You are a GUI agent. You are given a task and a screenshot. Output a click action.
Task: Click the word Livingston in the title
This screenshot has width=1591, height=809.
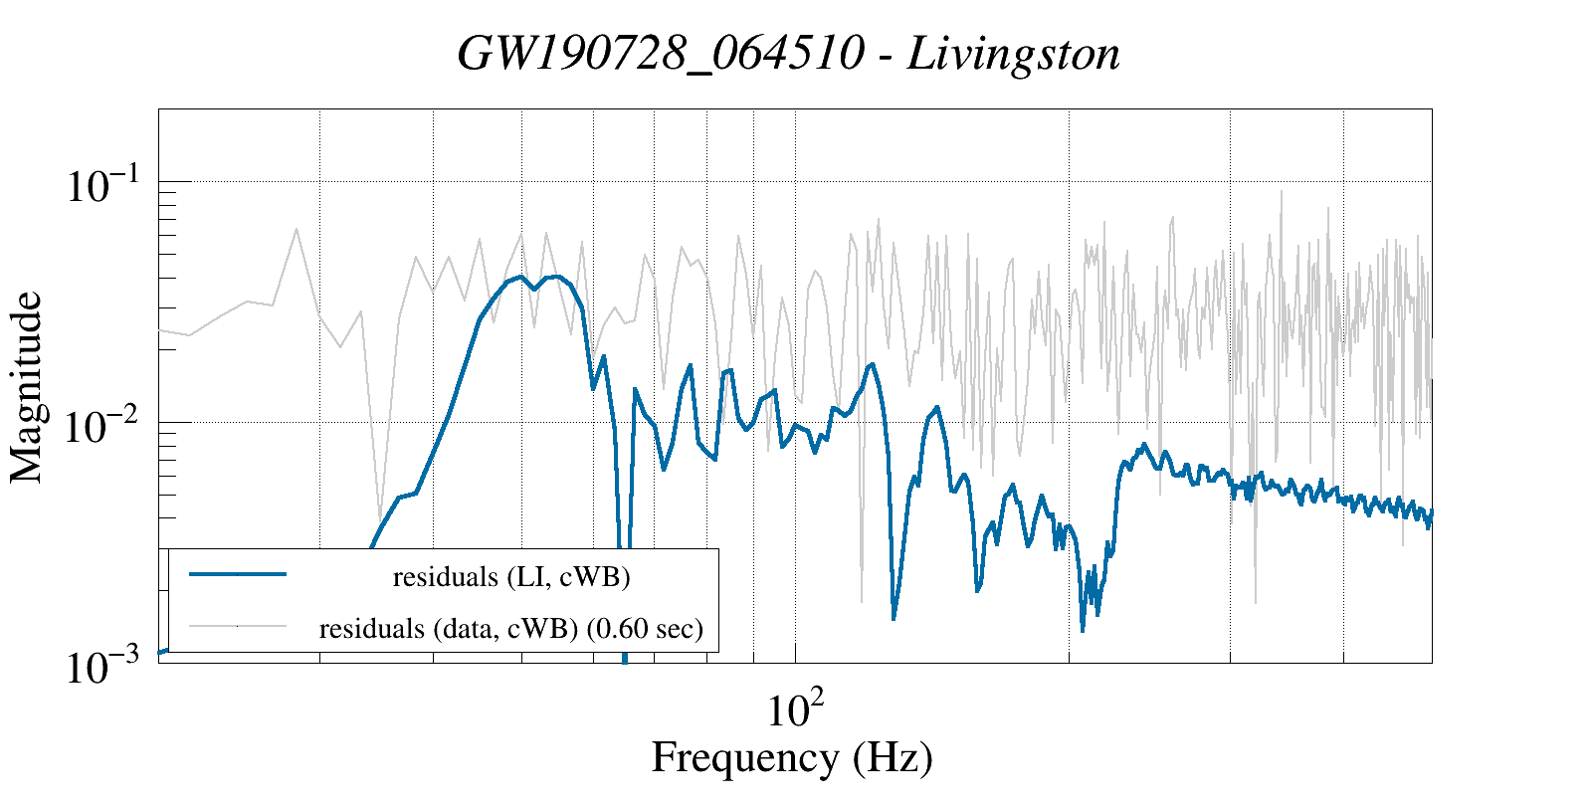(x=1014, y=55)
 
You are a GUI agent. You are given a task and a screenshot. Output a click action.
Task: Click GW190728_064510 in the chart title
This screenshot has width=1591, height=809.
(x=660, y=55)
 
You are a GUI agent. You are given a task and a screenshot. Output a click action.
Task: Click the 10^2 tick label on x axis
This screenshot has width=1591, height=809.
(x=795, y=709)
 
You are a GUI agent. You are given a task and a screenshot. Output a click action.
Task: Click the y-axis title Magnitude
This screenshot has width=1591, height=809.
(x=27, y=388)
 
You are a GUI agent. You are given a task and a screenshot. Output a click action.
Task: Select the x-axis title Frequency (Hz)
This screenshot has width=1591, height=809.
(x=792, y=758)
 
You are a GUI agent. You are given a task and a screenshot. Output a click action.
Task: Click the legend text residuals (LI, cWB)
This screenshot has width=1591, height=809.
(x=511, y=577)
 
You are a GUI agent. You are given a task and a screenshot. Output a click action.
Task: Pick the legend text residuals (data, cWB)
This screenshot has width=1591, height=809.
(x=449, y=629)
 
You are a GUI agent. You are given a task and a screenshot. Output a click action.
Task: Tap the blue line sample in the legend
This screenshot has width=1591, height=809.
(x=238, y=574)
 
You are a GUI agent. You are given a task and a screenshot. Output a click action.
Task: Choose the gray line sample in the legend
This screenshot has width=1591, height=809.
(x=238, y=626)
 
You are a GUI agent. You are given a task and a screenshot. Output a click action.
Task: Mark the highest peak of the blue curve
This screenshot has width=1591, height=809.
(x=556, y=276)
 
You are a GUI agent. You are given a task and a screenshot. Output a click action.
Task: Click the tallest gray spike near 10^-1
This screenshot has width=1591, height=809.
(x=1281, y=191)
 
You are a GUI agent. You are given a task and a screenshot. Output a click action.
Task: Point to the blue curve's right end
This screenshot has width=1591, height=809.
(x=1431, y=513)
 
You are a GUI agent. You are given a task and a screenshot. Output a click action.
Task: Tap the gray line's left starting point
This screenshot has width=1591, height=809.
(x=160, y=330)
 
